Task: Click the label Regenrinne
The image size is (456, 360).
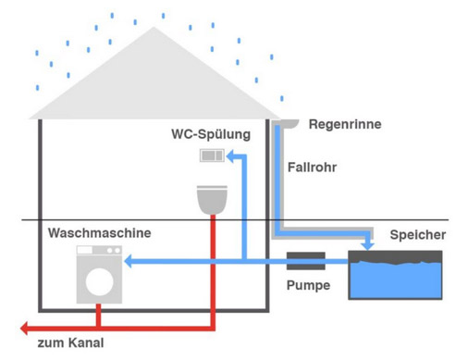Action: click(x=344, y=124)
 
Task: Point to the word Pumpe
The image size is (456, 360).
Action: click(x=308, y=284)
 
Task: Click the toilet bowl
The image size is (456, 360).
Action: click(x=213, y=197)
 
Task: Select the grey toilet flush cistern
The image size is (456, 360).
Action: click(x=214, y=156)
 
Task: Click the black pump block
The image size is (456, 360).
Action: click(x=306, y=262)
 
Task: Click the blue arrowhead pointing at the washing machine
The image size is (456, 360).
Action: click(x=129, y=263)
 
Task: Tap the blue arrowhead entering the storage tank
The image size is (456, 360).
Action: click(x=370, y=245)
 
